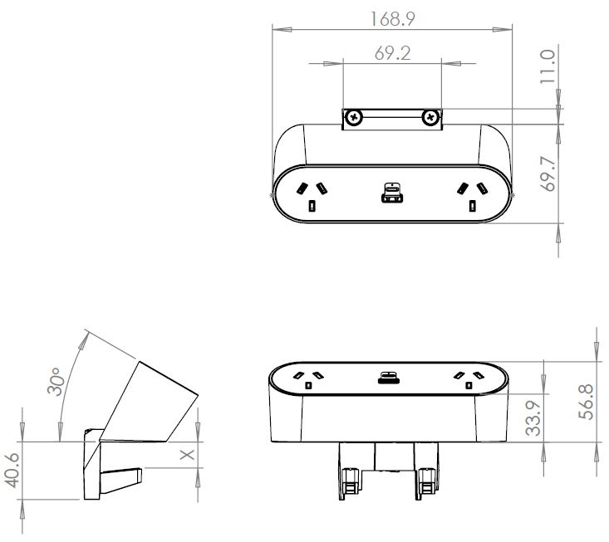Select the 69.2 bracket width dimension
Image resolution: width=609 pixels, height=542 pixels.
click(x=392, y=54)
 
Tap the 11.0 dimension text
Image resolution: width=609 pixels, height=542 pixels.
click(x=546, y=67)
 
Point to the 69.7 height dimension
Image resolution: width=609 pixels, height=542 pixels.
click(x=546, y=173)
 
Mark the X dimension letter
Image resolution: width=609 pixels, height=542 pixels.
click(x=187, y=455)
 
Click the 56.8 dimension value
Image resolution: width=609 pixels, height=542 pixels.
click(x=586, y=403)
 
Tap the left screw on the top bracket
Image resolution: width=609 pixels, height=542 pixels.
click(x=355, y=118)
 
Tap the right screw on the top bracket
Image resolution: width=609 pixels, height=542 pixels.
click(x=430, y=118)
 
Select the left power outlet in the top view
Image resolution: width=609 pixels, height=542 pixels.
click(x=312, y=195)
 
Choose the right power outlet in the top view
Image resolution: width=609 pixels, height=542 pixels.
click(x=472, y=195)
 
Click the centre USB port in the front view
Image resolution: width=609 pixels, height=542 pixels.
click(x=387, y=378)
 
